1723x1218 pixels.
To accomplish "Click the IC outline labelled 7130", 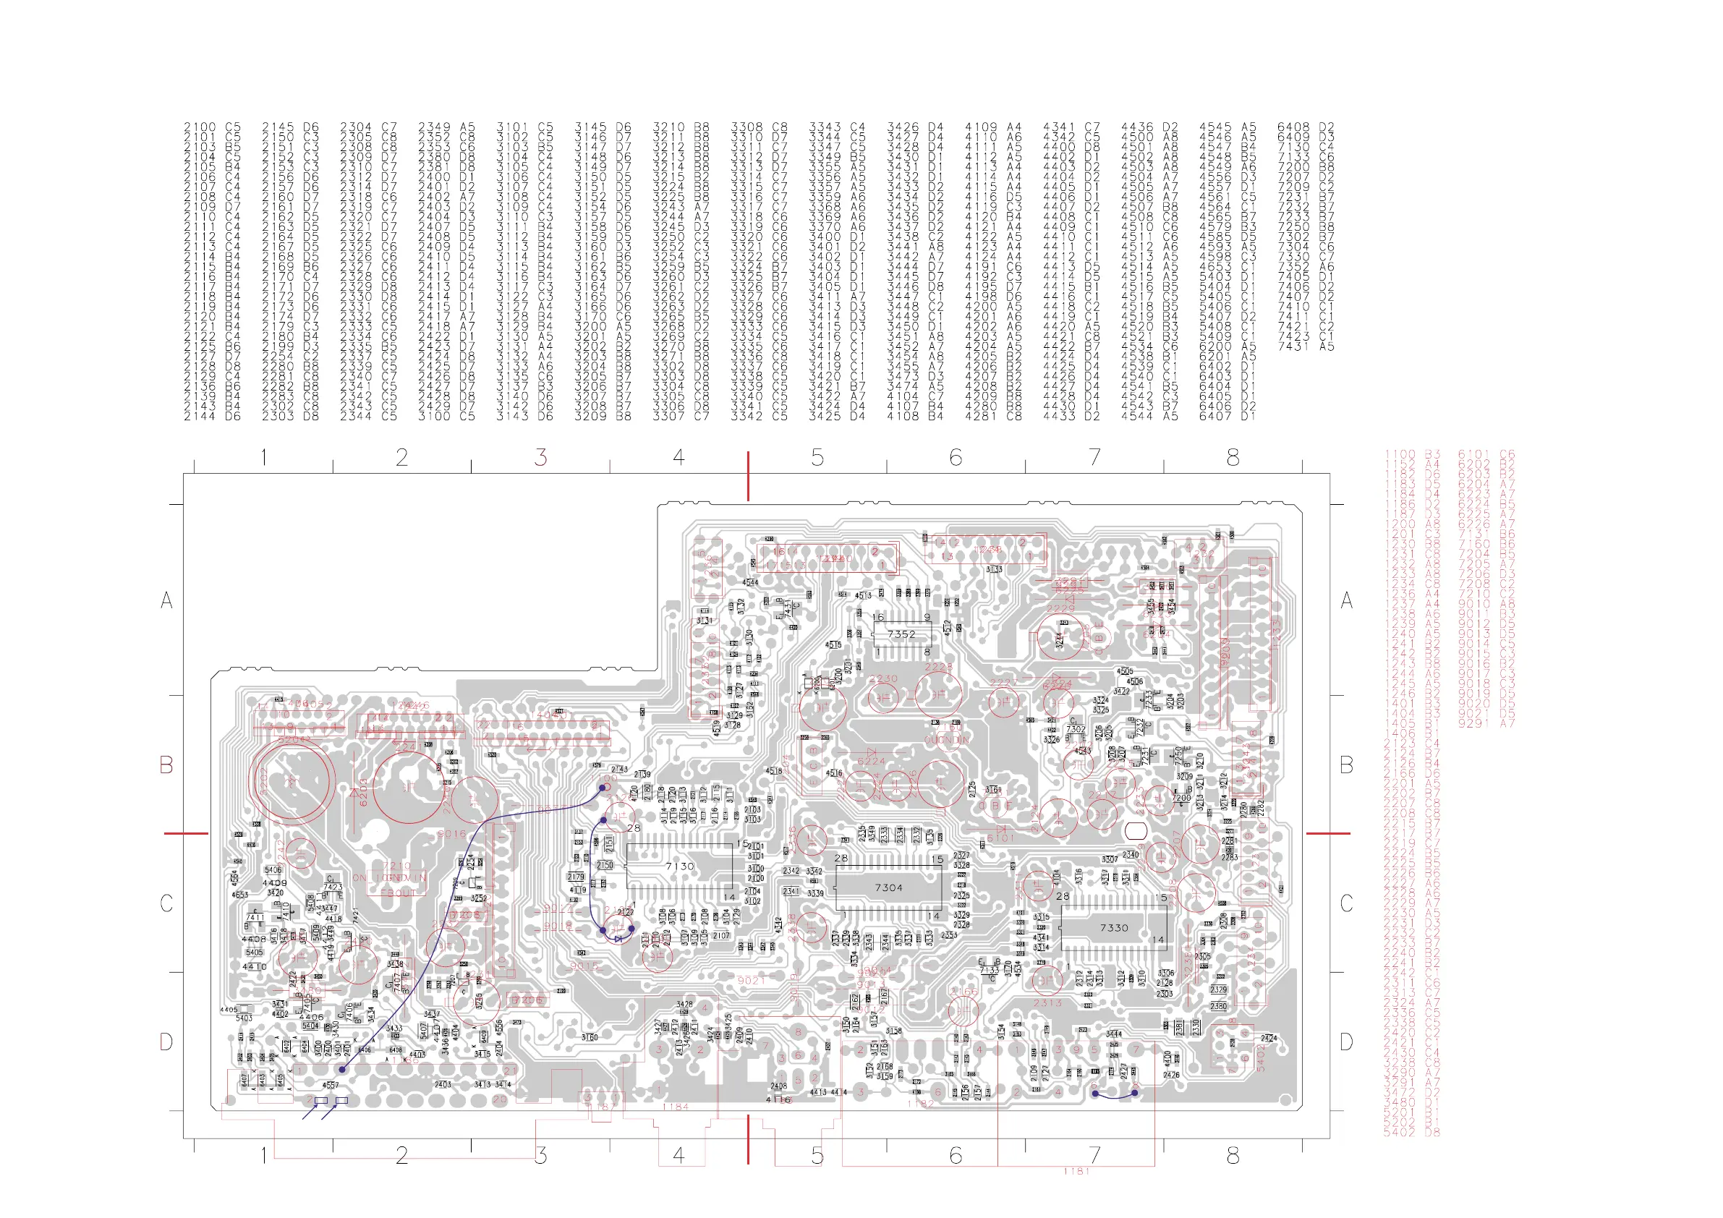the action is [x=679, y=866].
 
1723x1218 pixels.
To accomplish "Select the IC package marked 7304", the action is [x=888, y=887].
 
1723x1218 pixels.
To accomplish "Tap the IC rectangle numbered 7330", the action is [x=1114, y=927].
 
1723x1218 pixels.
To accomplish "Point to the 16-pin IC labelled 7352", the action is [x=901, y=634].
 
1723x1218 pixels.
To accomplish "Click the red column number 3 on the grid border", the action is [x=540, y=457].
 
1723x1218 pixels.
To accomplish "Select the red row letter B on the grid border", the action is [x=166, y=765].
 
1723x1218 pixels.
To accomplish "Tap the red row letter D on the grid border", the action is [x=166, y=1042].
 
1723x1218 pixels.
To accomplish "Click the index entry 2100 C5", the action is [x=213, y=127].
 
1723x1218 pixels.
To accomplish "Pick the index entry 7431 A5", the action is [x=1306, y=346].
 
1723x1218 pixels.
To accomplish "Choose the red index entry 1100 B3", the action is [x=1411, y=455].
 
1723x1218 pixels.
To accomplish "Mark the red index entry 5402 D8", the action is [x=1411, y=1133].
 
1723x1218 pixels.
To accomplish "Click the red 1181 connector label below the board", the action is [x=1076, y=1171].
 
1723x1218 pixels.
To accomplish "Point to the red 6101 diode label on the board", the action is [x=1000, y=838].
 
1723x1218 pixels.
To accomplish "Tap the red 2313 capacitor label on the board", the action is [x=1047, y=1002].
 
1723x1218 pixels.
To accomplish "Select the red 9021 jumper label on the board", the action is [x=751, y=980].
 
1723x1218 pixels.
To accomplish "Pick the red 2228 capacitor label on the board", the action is [x=938, y=666].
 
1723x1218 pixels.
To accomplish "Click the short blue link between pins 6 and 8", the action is [x=1115, y=1095].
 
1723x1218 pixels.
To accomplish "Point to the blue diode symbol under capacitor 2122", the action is [x=618, y=938].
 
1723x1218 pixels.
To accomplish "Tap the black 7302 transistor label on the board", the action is [x=1076, y=728].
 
